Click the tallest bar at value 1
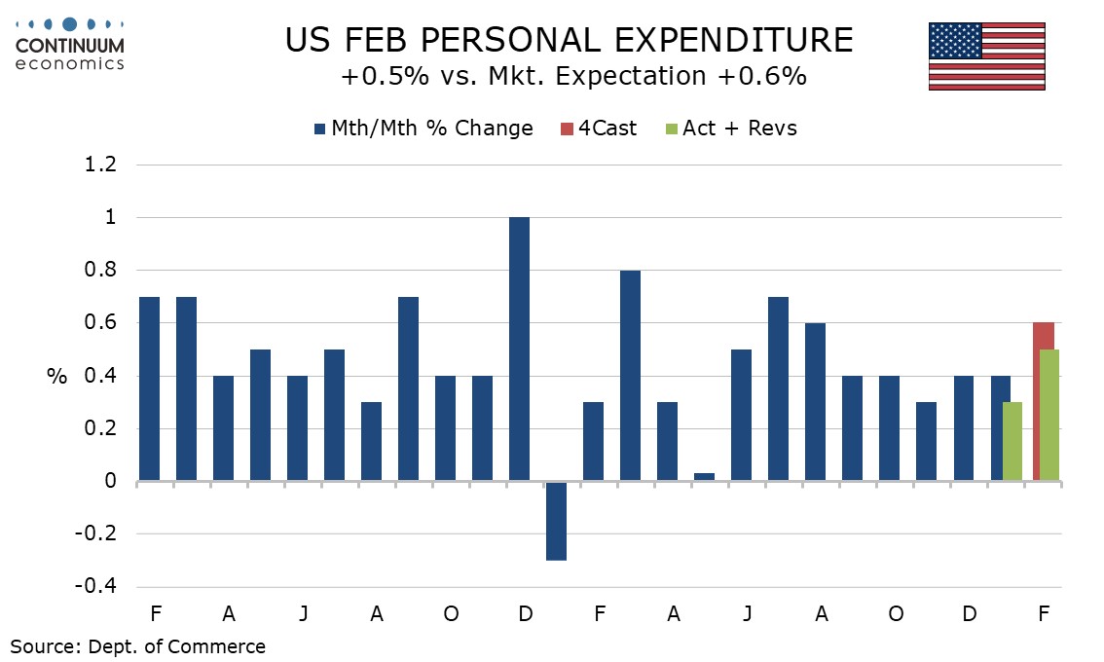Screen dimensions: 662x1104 519,349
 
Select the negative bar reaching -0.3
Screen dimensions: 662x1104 556,520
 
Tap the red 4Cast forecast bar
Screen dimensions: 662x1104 1043,336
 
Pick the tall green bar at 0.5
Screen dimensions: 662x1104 1049,415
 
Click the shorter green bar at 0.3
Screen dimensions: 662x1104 1012,441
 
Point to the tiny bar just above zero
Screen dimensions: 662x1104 704,476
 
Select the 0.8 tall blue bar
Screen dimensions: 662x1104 630,375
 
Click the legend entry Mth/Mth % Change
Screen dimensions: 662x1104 423,129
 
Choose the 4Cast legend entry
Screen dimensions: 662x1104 597,129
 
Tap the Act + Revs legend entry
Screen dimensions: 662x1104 729,129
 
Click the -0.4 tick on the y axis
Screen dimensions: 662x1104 96,587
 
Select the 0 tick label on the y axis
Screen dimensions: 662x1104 110,482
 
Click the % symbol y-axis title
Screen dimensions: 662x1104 56,377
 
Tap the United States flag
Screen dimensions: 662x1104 986,56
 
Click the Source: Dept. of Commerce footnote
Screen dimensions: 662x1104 138,645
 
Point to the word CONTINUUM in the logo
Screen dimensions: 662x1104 70,45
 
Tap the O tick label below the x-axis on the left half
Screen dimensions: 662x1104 451,614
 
